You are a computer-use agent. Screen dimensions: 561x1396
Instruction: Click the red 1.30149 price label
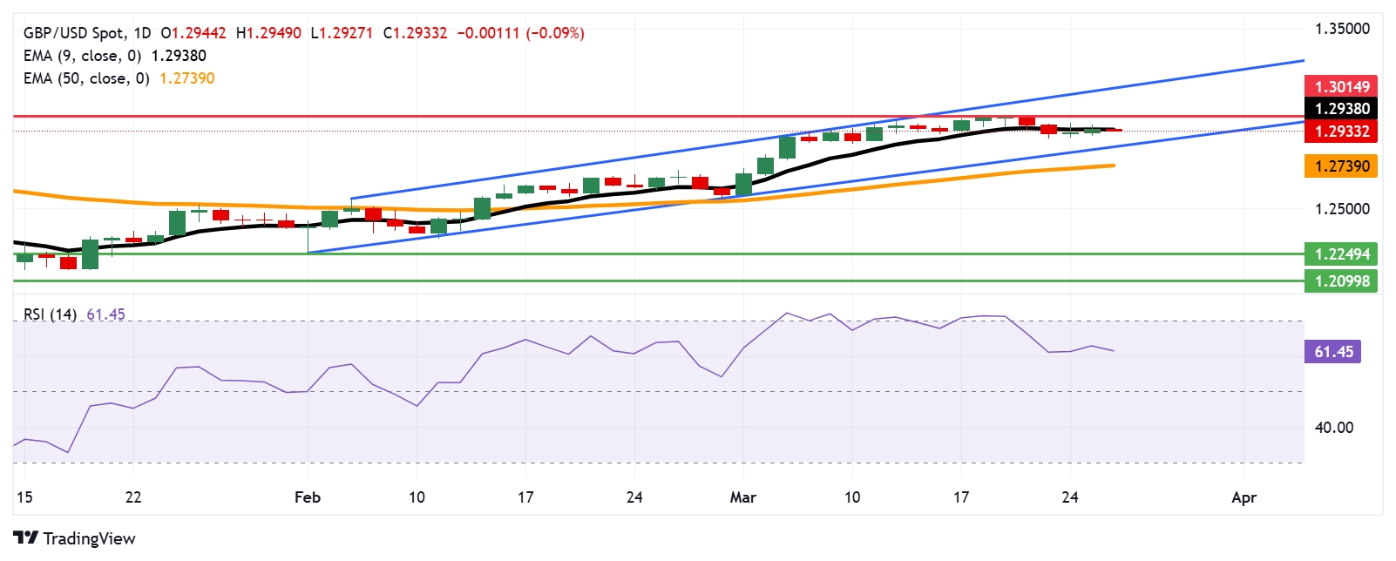(1341, 86)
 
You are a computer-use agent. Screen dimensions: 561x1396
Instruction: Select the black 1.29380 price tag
(1341, 109)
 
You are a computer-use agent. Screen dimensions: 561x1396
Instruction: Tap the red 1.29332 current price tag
(1341, 132)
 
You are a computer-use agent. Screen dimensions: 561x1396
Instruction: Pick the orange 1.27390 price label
(1341, 166)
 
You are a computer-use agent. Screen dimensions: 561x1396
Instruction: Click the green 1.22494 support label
(1341, 254)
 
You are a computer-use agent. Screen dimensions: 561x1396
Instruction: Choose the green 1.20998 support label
(1341, 280)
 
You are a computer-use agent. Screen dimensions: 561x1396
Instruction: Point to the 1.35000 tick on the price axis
(1342, 29)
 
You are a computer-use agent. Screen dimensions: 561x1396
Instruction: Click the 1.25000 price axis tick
(1342, 209)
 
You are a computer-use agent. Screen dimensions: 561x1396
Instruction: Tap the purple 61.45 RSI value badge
(1332, 352)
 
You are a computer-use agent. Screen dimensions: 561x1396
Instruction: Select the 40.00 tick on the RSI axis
(1334, 428)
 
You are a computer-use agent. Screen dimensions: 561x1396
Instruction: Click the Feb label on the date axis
(308, 497)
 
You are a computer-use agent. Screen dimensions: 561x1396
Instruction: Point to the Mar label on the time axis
(742, 497)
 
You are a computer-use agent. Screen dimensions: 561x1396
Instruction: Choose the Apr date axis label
(1244, 497)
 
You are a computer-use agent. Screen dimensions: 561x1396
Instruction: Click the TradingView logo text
(89, 538)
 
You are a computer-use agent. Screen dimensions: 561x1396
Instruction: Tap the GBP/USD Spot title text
(74, 33)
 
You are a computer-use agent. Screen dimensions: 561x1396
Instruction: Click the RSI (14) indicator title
(50, 314)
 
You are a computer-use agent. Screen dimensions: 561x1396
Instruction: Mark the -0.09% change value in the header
(555, 33)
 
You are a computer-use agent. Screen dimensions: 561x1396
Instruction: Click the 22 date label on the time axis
(132, 497)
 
